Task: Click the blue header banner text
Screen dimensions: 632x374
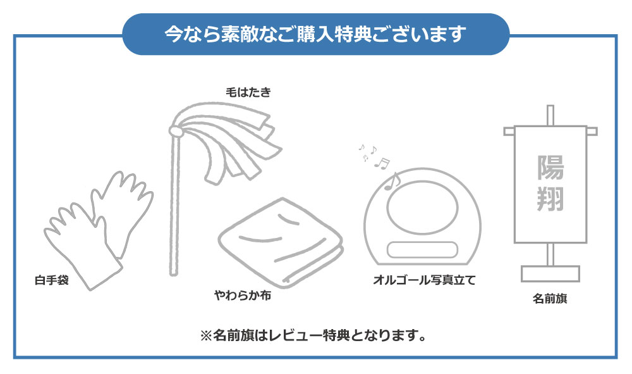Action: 315,34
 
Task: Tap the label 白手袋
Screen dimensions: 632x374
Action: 52,280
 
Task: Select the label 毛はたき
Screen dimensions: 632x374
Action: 248,92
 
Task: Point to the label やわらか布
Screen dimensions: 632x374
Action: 243,296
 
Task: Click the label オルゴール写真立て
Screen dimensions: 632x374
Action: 425,280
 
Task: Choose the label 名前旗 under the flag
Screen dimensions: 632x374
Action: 550,299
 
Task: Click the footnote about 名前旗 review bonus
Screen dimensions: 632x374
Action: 313,335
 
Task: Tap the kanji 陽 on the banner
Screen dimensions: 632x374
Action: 550,168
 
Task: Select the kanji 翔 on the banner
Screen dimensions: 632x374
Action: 550,198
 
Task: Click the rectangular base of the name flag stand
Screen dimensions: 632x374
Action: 550,274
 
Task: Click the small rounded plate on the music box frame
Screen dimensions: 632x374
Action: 422,250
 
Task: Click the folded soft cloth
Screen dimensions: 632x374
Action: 281,242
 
